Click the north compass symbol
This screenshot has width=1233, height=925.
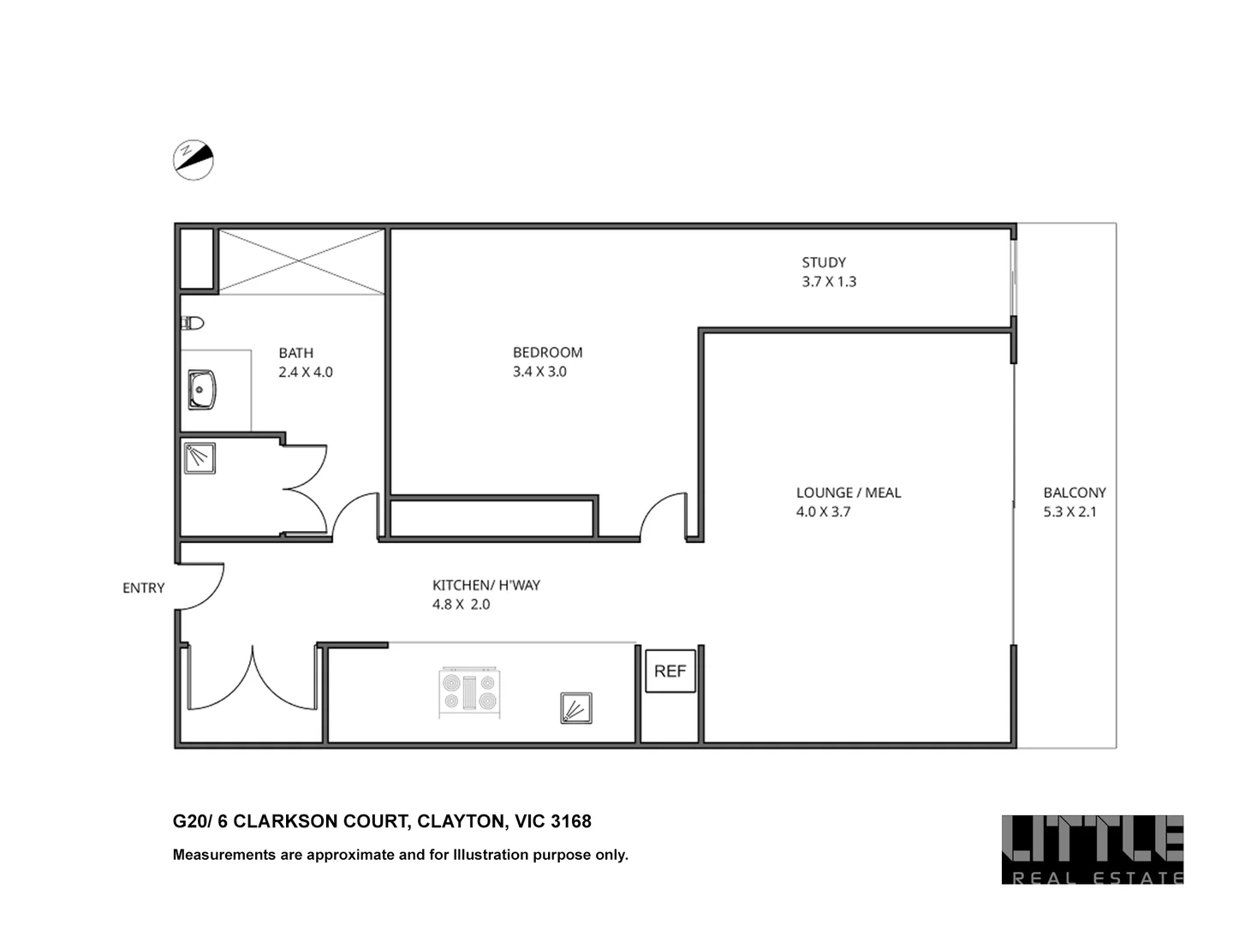[x=193, y=160]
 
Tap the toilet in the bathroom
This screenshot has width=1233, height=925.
[x=193, y=323]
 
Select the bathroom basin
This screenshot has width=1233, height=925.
[x=201, y=390]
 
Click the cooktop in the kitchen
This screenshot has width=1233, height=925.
[x=469, y=692]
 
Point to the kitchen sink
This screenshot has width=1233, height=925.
[x=575, y=708]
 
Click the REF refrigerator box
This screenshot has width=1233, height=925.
[x=670, y=671]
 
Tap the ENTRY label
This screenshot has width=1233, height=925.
[x=143, y=588]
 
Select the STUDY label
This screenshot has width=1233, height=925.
[x=824, y=262]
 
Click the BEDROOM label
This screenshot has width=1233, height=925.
[x=547, y=352]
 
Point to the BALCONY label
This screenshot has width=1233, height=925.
[x=1074, y=492]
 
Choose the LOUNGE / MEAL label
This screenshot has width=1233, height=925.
[x=848, y=492]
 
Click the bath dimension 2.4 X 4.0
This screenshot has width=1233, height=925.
[x=305, y=372]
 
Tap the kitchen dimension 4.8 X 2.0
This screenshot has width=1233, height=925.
[x=461, y=604]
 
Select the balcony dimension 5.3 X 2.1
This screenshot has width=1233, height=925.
[x=1069, y=511]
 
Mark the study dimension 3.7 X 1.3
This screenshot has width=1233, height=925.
[x=828, y=281]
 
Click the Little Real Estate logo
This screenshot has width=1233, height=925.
[x=1092, y=849]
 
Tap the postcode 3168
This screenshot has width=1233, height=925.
[x=570, y=821]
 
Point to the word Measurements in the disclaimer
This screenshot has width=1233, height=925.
[x=224, y=854]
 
